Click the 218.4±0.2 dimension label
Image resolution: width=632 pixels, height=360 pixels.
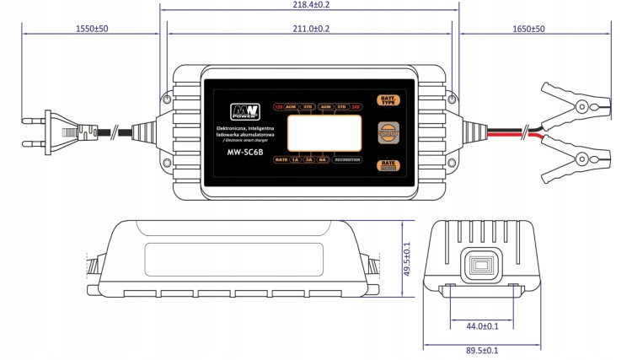point(308,5)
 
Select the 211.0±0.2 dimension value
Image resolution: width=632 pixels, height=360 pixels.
point(308,29)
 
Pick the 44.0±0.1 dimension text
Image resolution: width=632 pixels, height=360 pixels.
point(482,325)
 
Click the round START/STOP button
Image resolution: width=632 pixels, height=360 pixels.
point(389,133)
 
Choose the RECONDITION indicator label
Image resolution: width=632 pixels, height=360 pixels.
point(346,159)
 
